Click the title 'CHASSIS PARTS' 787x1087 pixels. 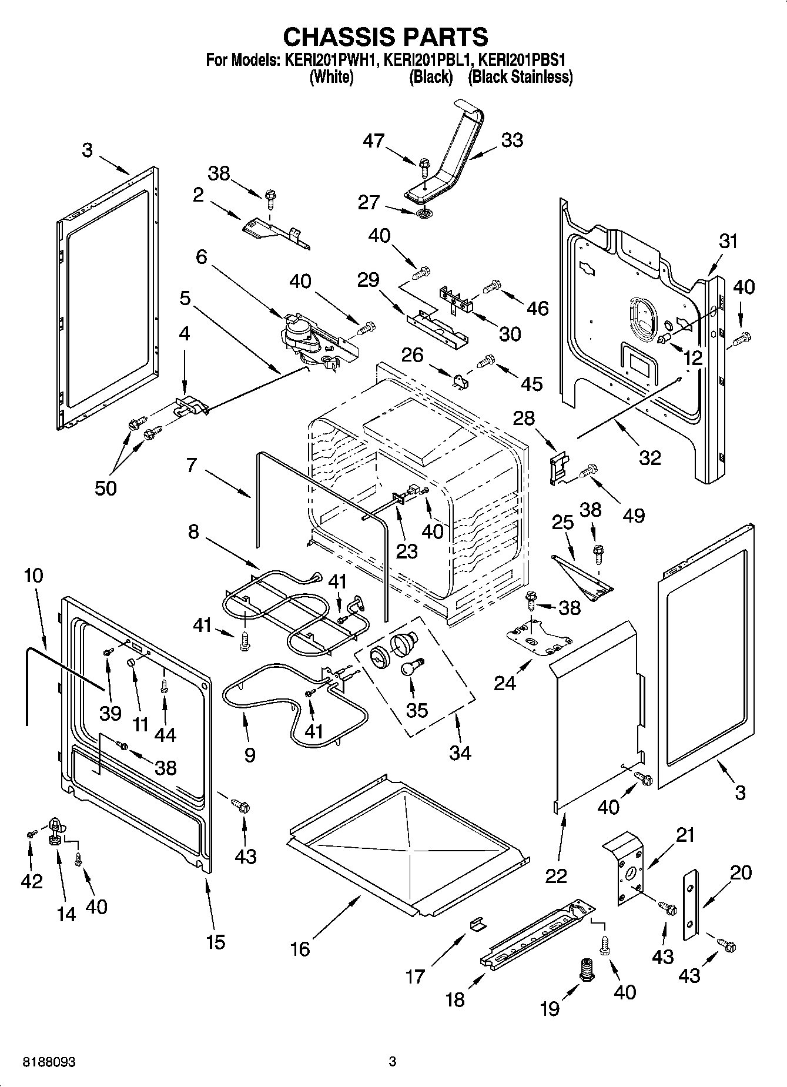pos(385,37)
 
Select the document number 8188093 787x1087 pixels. pos(51,1062)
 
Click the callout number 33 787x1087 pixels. pos(511,141)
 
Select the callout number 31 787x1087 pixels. pos(728,241)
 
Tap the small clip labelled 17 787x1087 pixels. pos(478,924)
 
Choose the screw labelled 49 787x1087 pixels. pos(589,470)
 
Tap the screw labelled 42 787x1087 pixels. pos(31,834)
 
